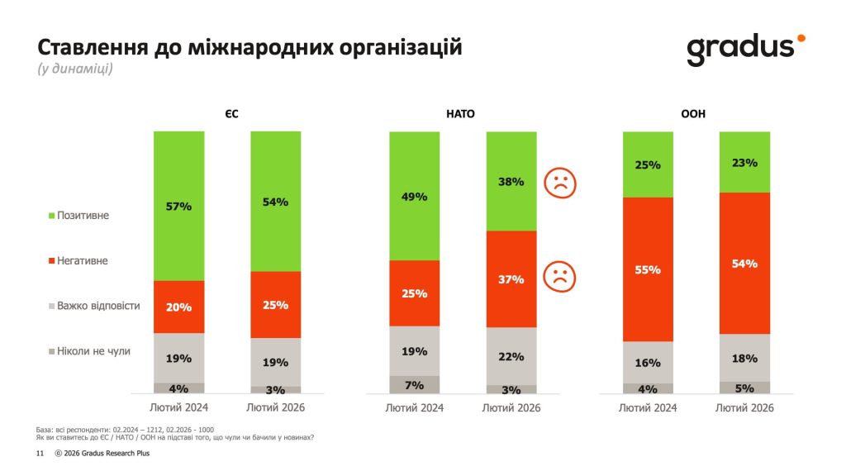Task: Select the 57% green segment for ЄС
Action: (178, 206)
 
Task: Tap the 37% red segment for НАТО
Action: (511, 279)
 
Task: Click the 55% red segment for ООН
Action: (648, 269)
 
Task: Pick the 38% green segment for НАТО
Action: (511, 181)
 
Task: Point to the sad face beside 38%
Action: (558, 183)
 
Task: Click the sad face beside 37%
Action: (558, 276)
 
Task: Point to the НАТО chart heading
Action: (462, 114)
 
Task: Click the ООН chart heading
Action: (696, 114)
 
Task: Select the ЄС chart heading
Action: (227, 114)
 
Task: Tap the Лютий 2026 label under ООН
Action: (744, 407)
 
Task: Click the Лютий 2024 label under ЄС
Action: (178, 407)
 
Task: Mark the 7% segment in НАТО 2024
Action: (414, 385)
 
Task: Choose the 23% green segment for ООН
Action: (744, 162)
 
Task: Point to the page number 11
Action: (39, 454)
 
